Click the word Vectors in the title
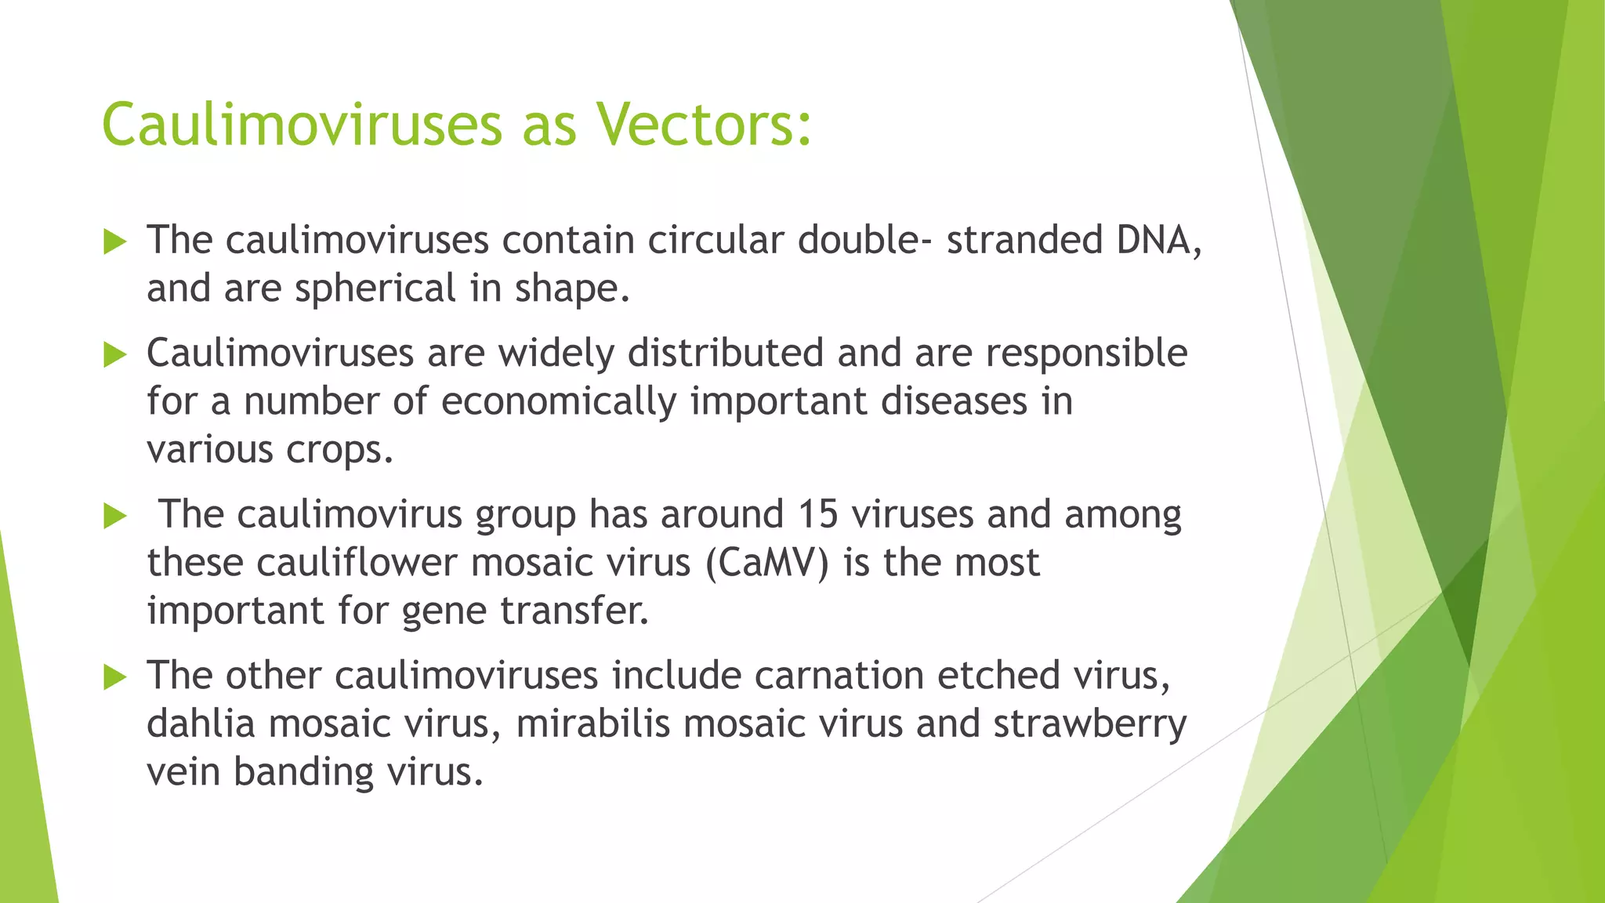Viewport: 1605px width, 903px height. pyautogui.click(x=703, y=125)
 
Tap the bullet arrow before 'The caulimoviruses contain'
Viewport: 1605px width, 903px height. pyautogui.click(x=114, y=242)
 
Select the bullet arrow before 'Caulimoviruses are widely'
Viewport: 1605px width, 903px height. pyautogui.click(x=114, y=356)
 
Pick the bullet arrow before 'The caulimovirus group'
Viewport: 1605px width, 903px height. pyautogui.click(x=114, y=517)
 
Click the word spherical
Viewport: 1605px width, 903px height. pyautogui.click(x=375, y=288)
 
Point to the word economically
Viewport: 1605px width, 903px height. pyautogui.click(x=559, y=402)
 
